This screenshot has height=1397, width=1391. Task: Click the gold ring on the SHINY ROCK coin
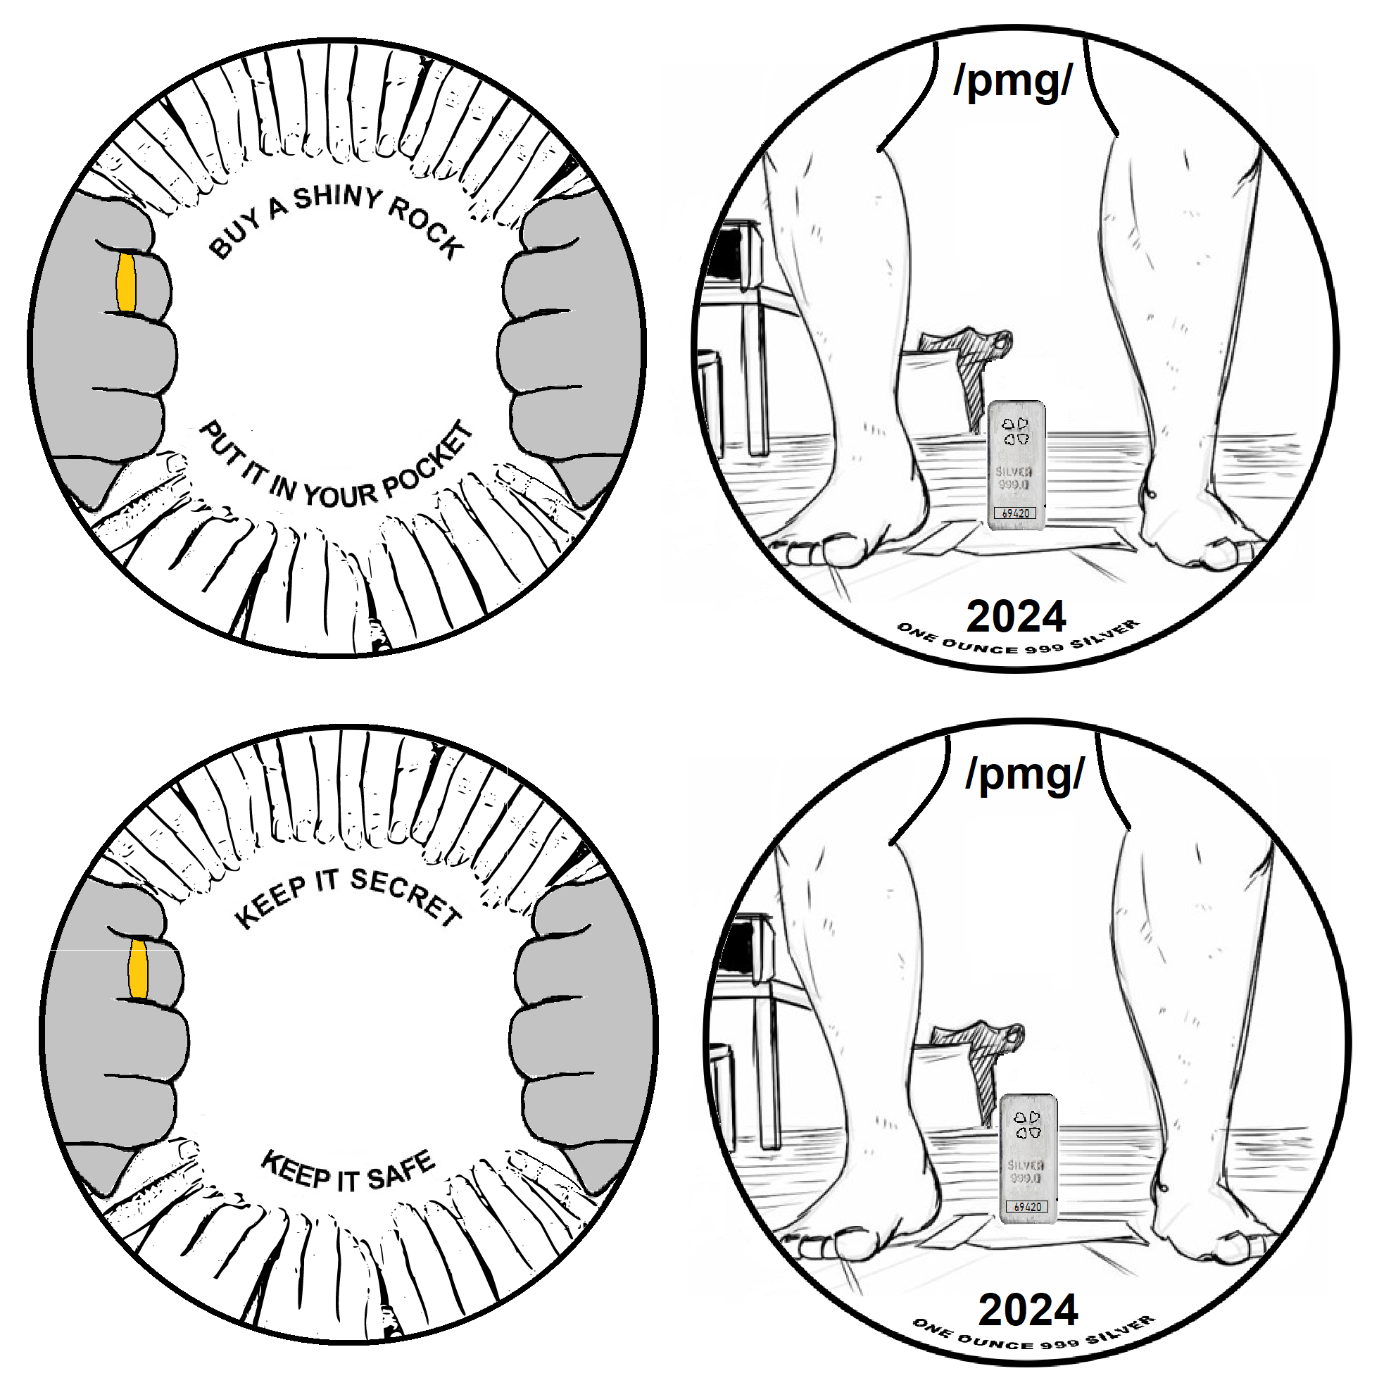(x=126, y=283)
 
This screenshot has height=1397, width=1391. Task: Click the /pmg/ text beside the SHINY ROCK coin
(x=1012, y=81)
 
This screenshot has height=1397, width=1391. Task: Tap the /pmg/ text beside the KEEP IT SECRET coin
(x=1024, y=775)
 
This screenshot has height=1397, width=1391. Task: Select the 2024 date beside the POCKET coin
(x=1016, y=617)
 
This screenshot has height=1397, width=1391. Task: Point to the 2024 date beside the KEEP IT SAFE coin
(x=1028, y=1310)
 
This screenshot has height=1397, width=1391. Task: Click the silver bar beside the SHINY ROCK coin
(x=1016, y=463)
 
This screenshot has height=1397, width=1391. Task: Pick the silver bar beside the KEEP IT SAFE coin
(x=1027, y=1157)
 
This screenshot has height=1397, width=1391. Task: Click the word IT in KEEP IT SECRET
(x=327, y=882)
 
